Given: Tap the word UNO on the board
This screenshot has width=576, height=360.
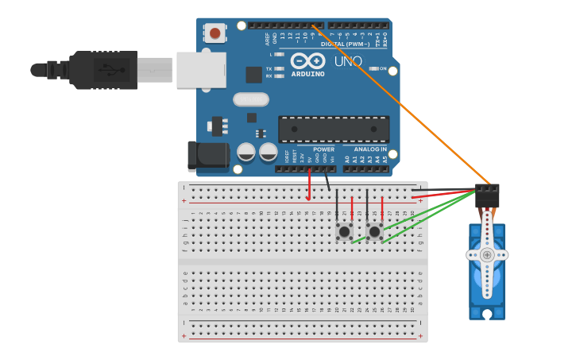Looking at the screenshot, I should pos(348,61).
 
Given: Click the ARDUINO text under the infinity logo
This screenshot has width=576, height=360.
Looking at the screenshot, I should pos(307,74).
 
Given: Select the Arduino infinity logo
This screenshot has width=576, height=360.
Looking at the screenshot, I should pos(307,60).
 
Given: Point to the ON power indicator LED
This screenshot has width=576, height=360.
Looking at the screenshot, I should pos(372,69).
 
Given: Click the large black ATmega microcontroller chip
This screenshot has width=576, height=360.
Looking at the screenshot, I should pos(334,129).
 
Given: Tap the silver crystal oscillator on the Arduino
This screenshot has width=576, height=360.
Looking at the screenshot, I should pos(251,99).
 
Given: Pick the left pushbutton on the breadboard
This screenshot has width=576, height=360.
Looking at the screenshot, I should pos(344,231).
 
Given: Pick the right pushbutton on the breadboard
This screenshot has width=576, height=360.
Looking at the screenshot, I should pos(374,231).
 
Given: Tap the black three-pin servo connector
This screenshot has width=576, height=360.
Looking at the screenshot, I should pos(487,195).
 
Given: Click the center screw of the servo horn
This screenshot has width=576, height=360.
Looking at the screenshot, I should pos(486,255).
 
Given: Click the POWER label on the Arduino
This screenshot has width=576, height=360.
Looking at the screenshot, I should pos(323,149).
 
